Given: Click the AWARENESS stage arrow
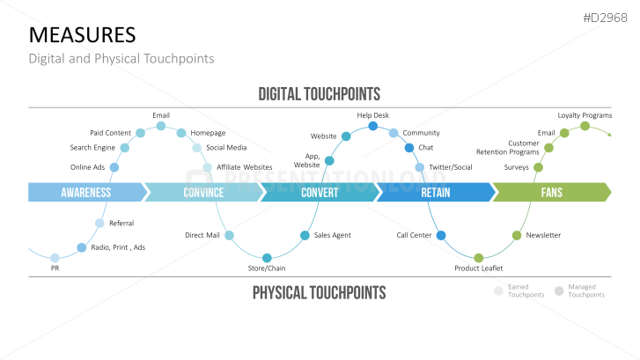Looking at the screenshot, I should click(85, 193).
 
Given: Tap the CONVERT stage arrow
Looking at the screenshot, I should click(319, 193).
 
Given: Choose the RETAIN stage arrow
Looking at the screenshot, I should click(435, 193).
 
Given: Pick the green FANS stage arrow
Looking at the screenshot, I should click(551, 193).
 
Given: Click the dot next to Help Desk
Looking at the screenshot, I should click(372, 127).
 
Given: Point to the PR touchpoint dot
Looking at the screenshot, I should click(55, 258).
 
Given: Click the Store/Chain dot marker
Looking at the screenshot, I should click(267, 257).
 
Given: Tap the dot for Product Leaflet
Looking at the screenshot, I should click(478, 258).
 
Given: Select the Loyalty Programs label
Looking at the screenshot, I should click(585, 115).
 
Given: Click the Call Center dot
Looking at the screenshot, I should click(441, 235).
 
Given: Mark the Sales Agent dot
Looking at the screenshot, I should click(305, 235).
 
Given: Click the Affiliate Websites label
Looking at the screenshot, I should click(245, 167).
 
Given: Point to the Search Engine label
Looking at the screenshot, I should click(92, 148).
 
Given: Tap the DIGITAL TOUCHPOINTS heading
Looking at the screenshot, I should click(319, 93).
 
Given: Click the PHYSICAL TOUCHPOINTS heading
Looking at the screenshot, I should click(319, 292).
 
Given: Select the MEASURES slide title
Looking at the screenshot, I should click(83, 34).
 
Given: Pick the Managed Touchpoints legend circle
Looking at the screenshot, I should click(559, 290).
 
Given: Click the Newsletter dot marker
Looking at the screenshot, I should click(517, 235).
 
